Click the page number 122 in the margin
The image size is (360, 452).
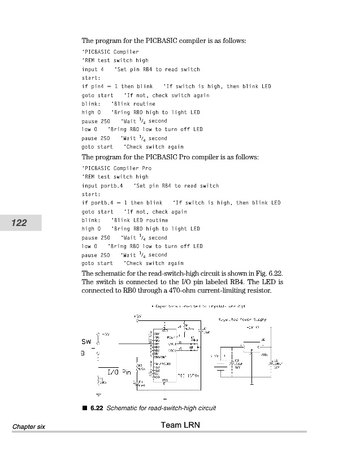19,223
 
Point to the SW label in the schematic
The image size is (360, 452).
86,342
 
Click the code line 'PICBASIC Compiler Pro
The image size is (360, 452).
117,168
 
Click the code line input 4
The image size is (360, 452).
93,69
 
